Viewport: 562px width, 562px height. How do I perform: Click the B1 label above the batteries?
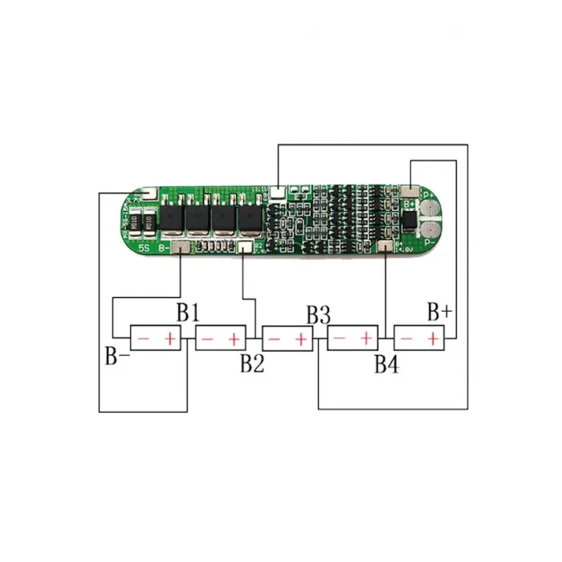(188, 312)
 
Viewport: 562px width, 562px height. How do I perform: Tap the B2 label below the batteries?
(251, 364)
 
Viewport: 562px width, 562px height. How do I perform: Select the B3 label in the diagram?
(318, 314)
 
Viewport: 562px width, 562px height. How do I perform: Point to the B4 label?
(386, 364)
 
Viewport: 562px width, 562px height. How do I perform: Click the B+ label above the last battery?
(439, 312)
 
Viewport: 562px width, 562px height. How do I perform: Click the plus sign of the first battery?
(170, 340)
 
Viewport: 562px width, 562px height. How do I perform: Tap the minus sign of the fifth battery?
(406, 340)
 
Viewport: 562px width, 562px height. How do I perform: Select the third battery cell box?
(287, 340)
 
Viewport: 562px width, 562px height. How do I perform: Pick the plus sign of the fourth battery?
(365, 340)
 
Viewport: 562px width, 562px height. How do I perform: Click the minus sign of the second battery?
(207, 340)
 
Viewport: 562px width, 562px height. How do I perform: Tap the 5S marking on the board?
(144, 248)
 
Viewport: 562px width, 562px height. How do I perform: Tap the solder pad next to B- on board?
(180, 248)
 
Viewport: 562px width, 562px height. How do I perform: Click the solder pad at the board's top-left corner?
(146, 194)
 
